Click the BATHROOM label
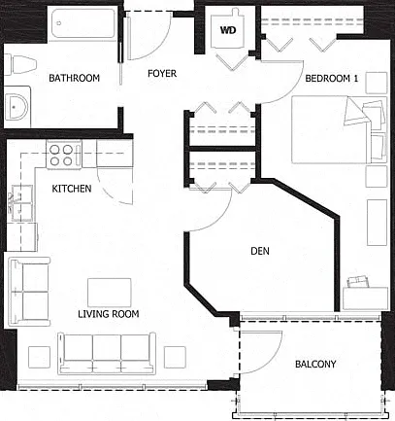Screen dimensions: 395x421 [74, 78]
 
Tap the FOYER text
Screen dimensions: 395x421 [162, 74]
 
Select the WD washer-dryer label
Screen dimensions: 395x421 [228, 30]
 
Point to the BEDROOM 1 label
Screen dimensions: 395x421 [332, 78]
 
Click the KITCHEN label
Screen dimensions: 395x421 [72, 189]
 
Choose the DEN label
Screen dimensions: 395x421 [260, 251]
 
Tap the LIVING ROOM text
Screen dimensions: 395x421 [109, 314]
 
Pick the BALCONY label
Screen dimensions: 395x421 [315, 364]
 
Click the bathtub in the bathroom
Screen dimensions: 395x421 [83, 23]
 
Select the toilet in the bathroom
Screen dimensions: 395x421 [20, 64]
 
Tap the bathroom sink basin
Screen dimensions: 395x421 [17, 106]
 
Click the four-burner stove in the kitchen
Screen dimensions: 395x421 [64, 155]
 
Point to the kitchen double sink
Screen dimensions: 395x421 [20, 203]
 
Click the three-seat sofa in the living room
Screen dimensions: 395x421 [107, 353]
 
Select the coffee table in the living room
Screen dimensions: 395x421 [110, 293]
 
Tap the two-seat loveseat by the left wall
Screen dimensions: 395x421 [29, 292]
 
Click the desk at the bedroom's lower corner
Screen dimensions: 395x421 [365, 298]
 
